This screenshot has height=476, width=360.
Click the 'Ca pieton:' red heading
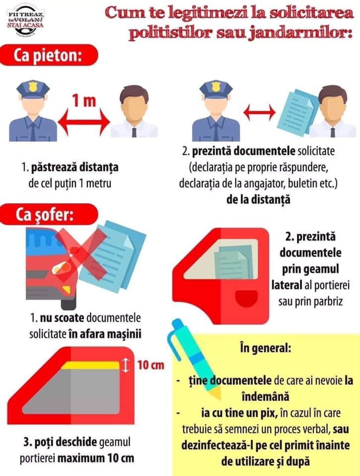49,55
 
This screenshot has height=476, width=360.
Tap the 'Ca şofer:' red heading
49,214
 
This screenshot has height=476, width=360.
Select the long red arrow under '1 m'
84,122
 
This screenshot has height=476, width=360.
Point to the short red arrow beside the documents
259,113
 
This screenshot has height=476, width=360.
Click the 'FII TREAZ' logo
25,19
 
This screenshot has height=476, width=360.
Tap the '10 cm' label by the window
151,365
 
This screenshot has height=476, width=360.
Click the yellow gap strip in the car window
90,365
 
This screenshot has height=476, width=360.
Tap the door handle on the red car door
246,298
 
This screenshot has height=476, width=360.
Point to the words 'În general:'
265,348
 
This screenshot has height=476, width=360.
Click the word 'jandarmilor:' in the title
301,33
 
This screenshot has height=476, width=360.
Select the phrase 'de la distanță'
258,199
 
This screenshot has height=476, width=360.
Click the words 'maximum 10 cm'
96,458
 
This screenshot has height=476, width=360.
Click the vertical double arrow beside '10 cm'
125,365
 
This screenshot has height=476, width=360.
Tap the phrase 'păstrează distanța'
75,167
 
